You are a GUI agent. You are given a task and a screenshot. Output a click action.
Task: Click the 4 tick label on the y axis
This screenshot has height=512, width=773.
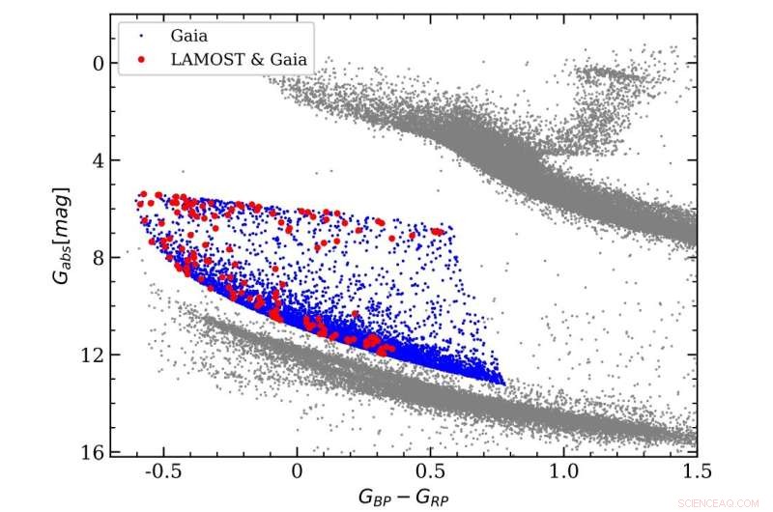pos(97,160)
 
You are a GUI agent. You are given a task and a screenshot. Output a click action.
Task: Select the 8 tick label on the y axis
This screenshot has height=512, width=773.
pos(97,258)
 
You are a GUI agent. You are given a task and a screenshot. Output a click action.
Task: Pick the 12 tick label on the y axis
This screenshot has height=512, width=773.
pos(92,355)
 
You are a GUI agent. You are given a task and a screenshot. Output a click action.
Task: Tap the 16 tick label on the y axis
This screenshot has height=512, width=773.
pos(92,451)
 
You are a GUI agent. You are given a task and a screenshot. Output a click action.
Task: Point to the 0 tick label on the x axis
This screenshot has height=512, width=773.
pos(298,471)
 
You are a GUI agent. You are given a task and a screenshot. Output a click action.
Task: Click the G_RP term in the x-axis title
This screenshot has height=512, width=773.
pos(434,498)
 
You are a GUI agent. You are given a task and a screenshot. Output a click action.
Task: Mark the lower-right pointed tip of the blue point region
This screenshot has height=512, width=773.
pos(503,383)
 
